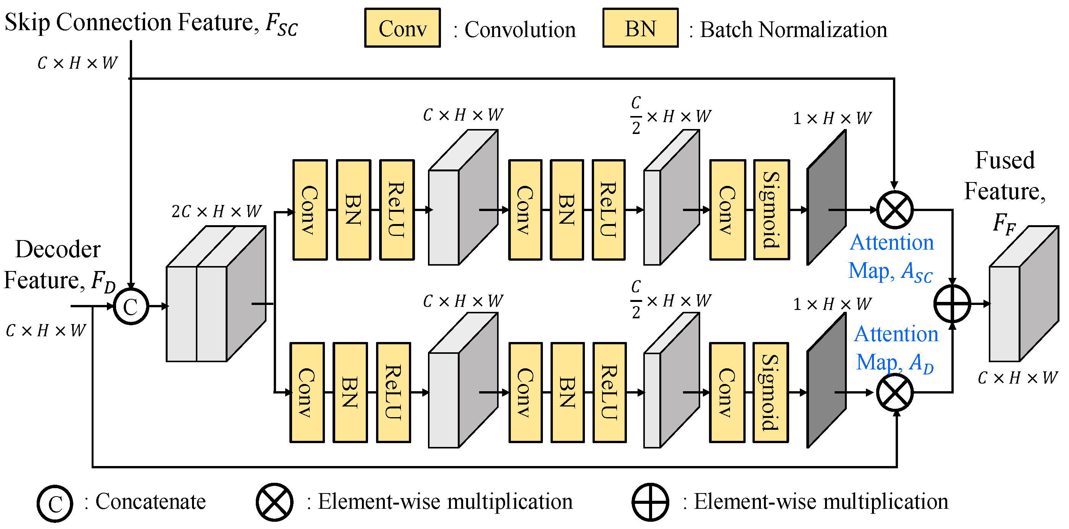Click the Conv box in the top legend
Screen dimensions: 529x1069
[x=402, y=28]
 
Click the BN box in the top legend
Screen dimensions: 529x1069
[x=640, y=28]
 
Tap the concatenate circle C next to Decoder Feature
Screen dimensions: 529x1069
[x=131, y=306]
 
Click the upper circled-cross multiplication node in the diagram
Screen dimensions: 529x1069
[x=895, y=210]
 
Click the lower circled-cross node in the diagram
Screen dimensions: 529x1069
[x=895, y=392]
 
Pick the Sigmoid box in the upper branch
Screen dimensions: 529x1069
[x=771, y=210]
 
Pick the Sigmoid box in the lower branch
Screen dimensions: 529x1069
[x=770, y=392]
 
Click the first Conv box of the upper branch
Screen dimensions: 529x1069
[x=310, y=210]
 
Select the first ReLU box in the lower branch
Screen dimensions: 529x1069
[x=393, y=392]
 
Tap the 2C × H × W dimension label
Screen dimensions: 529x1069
[x=216, y=211]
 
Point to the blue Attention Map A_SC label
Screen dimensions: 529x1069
[x=891, y=257]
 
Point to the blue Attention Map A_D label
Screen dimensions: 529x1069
[x=896, y=348]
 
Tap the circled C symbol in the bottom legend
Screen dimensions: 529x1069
[x=55, y=503]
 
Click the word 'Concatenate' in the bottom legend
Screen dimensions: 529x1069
[x=150, y=502]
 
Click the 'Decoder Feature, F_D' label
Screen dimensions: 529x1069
[x=58, y=265]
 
